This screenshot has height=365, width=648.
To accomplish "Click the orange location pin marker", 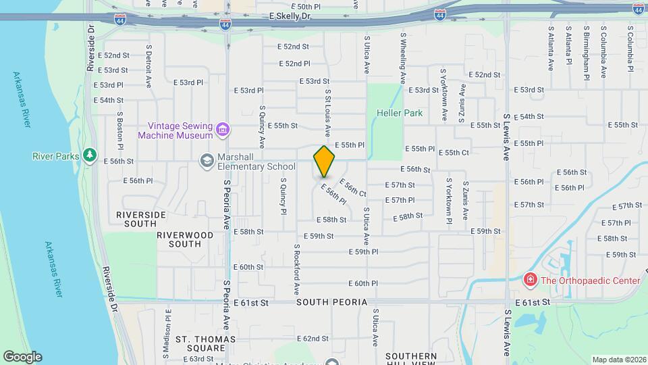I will pyautogui.click(x=324, y=162).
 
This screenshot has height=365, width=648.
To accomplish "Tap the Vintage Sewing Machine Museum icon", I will pyautogui.click(x=223, y=128).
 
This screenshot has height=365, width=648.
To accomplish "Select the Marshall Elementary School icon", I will pyautogui.click(x=206, y=160).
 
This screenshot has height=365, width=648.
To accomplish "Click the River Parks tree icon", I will pyautogui.click(x=90, y=155).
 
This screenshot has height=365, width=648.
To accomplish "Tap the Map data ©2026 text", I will pyautogui.click(x=618, y=360).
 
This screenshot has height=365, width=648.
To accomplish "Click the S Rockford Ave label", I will pyautogui.click(x=296, y=269).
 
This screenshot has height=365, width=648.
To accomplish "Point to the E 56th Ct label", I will pyautogui.click(x=352, y=188).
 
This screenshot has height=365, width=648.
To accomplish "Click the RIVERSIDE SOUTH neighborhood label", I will pyautogui.click(x=141, y=219).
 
